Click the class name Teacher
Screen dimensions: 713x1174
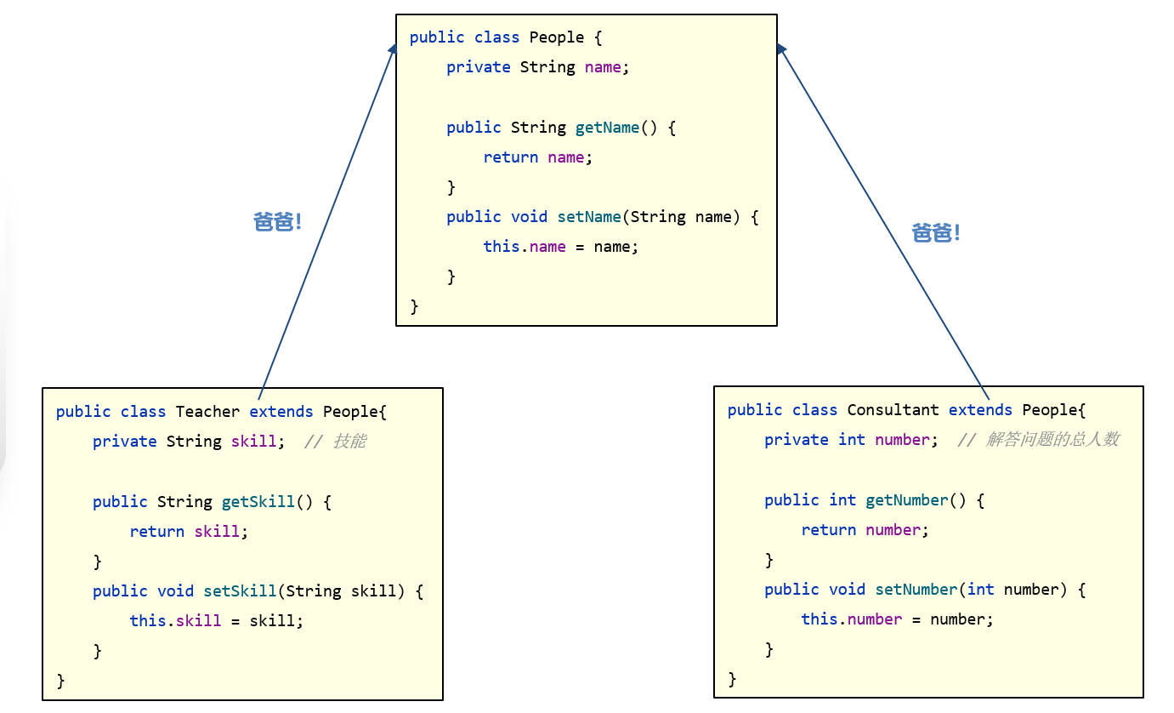pos(207,412)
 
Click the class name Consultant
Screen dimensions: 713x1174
pos(893,410)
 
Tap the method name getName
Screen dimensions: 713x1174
pos(607,128)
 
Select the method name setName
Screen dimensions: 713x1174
pos(589,217)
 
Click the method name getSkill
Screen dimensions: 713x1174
pos(258,502)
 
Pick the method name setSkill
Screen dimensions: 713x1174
pos(240,591)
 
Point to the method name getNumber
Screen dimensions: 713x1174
pos(906,500)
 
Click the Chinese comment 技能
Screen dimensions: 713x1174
pos(349,442)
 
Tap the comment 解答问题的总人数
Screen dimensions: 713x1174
pos(1052,440)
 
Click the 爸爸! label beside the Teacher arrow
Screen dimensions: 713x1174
pos(278,223)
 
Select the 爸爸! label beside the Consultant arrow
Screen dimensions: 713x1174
pos(936,233)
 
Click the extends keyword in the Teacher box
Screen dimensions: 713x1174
pos(281,412)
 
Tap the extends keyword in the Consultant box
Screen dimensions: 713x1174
pos(980,410)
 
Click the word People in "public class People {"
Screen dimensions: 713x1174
pos(557,37)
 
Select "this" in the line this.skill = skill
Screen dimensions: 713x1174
pos(147,621)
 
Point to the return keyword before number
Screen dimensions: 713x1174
pos(828,530)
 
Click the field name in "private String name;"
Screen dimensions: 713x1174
pos(603,67)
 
